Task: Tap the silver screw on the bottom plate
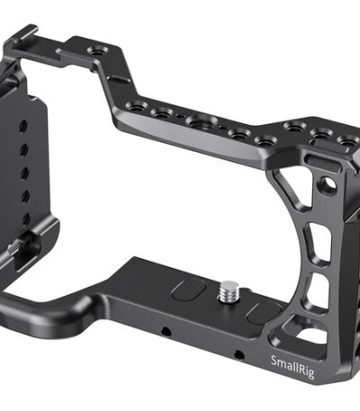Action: tap(229, 289)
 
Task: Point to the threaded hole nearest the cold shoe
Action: tap(96, 52)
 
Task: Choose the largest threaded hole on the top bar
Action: tap(202, 121)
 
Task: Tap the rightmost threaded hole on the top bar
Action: tap(349, 139)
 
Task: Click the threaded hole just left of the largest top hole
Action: tap(162, 113)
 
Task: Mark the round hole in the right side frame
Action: tap(328, 183)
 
